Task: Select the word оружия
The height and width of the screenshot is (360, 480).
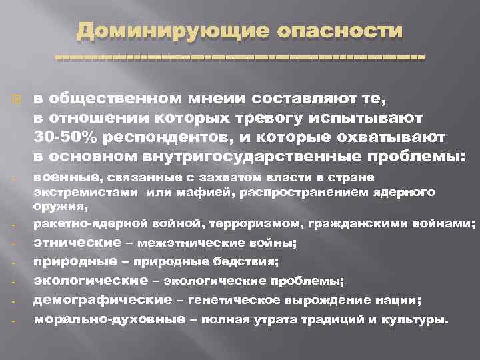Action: pyautogui.click(x=55, y=207)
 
